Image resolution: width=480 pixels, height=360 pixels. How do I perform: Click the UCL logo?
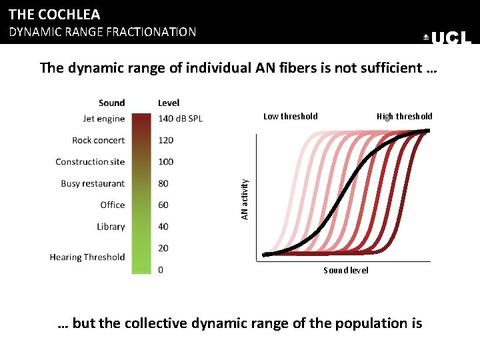(447, 39)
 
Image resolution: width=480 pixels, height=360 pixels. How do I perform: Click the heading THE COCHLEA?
(55, 14)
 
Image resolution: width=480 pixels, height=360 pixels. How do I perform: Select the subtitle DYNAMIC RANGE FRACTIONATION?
(102, 31)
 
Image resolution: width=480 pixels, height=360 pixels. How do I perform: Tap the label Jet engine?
(103, 119)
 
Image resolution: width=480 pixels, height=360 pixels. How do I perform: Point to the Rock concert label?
(99, 140)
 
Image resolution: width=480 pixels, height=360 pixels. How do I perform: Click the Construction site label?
(90, 161)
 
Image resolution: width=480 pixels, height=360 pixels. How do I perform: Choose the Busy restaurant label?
(93, 183)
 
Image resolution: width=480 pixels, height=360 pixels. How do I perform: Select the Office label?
(113, 205)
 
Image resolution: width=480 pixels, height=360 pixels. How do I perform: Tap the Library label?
(111, 227)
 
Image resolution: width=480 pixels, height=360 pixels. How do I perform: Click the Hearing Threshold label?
(87, 257)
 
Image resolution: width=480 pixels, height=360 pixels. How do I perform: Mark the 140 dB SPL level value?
(180, 119)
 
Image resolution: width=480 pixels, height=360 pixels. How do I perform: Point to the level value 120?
(165, 140)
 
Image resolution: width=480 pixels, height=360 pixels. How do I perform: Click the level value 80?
(163, 183)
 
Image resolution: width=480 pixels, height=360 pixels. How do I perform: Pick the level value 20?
(163, 248)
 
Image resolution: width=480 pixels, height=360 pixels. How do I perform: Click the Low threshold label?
(291, 116)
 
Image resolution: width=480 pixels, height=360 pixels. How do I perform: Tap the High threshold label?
(404, 116)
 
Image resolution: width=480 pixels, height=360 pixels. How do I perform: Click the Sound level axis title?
(346, 270)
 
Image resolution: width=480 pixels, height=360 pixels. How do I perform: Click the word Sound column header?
(111, 103)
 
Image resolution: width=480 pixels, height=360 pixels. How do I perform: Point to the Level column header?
(169, 103)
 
